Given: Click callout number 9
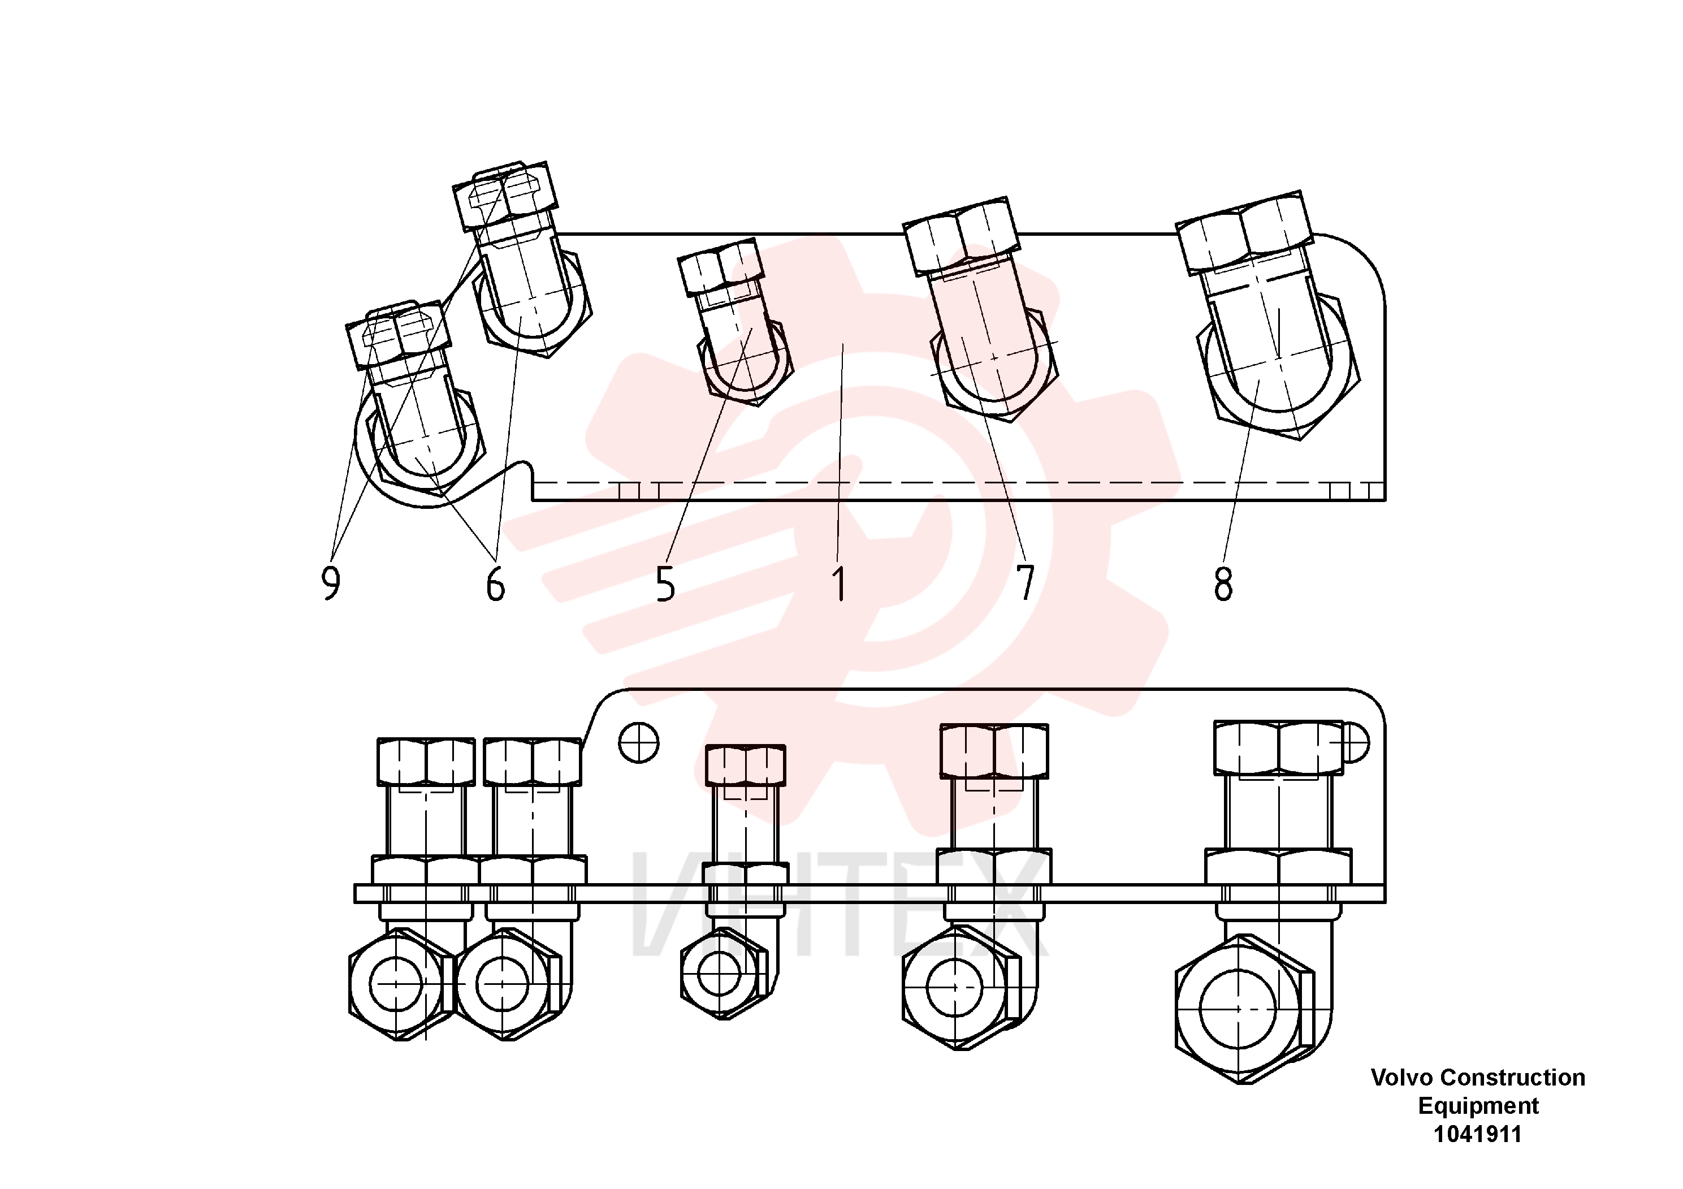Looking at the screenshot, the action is click(x=331, y=583).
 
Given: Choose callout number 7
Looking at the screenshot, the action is click(x=1026, y=583).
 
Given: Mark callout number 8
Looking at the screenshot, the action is click(x=1223, y=583).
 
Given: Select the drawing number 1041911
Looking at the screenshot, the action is click(x=1478, y=1134).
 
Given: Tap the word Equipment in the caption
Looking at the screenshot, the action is click(x=1478, y=1106).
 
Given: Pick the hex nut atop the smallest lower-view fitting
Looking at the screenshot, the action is click(x=745, y=766).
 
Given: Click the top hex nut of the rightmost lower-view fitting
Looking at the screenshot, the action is click(x=1278, y=747).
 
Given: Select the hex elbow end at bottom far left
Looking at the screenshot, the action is click(x=400, y=984).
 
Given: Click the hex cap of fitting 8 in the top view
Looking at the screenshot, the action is click(x=1244, y=233).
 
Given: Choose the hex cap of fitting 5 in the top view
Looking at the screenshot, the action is click(x=721, y=267).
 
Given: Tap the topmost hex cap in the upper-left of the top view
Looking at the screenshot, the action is click(x=505, y=196).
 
